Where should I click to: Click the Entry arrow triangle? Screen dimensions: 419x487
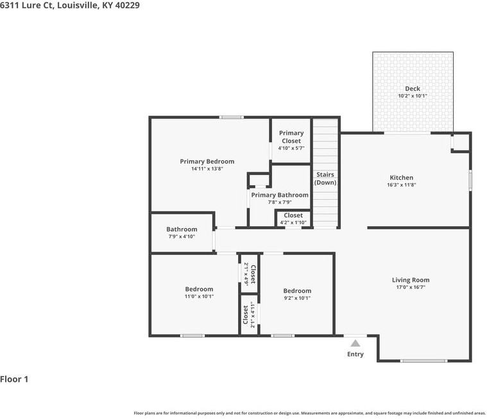[x=355, y=343]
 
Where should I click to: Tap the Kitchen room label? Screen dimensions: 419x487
[x=402, y=177]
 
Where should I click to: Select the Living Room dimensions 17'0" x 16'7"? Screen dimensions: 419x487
[x=411, y=288]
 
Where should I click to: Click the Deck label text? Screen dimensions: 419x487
[x=413, y=88]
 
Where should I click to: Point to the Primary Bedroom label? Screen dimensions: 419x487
[x=207, y=161]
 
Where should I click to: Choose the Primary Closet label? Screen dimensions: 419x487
[x=291, y=137]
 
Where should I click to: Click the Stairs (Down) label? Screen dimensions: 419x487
[x=325, y=178]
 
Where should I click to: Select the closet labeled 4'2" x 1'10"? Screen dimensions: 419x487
[x=293, y=218]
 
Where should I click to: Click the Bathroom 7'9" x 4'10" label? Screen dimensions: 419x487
[x=182, y=233]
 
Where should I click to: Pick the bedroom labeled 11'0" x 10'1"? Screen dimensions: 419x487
[x=199, y=293]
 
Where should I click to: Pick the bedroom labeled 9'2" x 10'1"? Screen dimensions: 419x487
[x=297, y=294]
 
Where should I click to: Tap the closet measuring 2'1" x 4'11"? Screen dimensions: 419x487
[x=249, y=315]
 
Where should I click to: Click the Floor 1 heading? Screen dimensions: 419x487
[x=15, y=379]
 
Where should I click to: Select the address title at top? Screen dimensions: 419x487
[x=70, y=5]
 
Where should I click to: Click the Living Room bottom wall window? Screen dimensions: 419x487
[x=423, y=361]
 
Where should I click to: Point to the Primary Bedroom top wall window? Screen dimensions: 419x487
[x=231, y=117]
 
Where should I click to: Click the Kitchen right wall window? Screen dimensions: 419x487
[x=470, y=179]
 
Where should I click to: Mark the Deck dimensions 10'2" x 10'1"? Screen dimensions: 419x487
[x=413, y=96]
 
